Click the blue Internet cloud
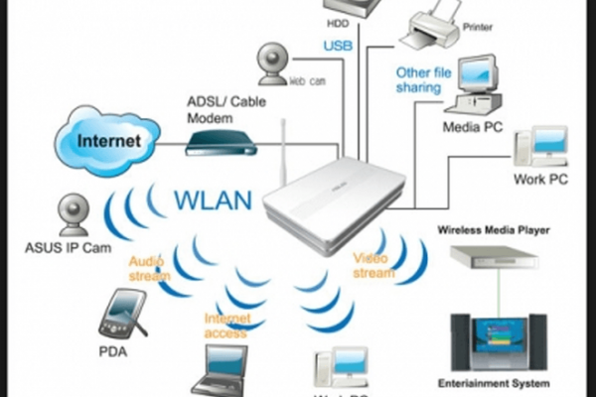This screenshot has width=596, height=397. (104, 140)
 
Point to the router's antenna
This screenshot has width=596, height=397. (282, 149)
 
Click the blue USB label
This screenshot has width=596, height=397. (337, 45)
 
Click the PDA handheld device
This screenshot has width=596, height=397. (121, 313)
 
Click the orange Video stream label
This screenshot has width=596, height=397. (374, 265)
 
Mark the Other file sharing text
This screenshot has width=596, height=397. (424, 80)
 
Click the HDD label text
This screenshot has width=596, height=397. (337, 20)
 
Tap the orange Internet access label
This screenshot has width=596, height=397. (225, 326)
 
